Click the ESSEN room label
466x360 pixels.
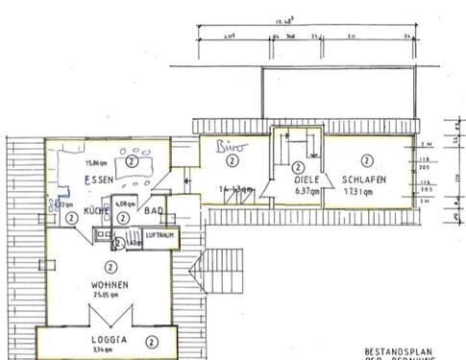[101, 180]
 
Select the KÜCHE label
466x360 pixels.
[95, 210]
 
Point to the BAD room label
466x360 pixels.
[154, 210]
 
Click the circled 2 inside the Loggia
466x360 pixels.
[151, 341]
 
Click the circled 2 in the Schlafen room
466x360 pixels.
[366, 160]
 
